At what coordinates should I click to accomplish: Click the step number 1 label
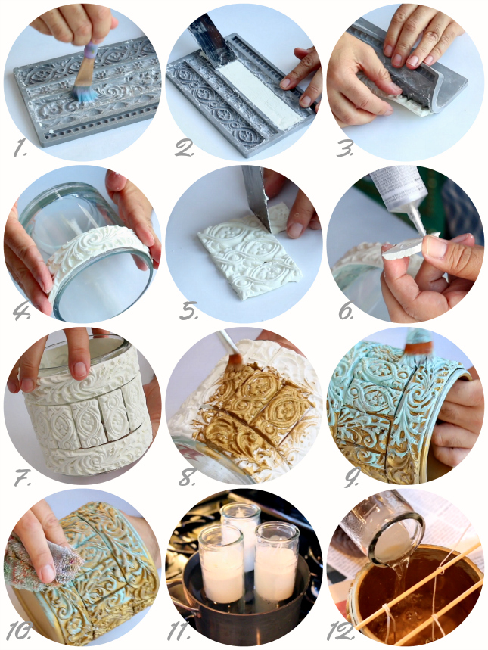point(20,148)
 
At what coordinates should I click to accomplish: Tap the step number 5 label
point(188,310)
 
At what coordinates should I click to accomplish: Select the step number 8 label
point(187,477)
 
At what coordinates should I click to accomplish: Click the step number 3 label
point(343,148)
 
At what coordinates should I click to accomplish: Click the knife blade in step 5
point(256,197)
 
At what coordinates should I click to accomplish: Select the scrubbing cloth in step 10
point(41,561)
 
